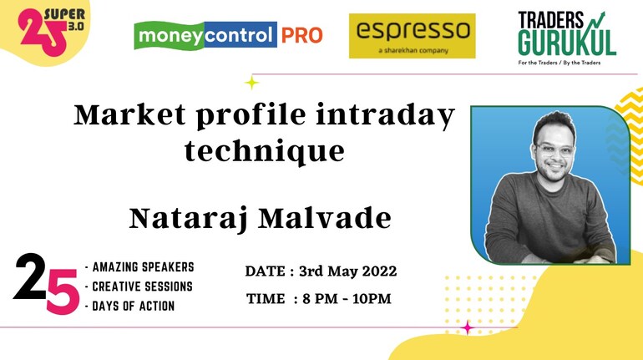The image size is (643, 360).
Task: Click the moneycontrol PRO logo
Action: tap(229, 35)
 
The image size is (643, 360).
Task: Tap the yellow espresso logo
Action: tap(413, 36)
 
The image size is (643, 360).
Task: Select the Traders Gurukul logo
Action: tap(567, 38)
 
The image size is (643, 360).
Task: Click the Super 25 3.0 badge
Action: tap(51, 32)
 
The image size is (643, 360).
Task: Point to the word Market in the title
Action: tap(129, 114)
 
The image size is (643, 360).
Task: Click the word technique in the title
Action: tap(265, 152)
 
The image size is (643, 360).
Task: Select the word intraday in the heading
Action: tap(385, 115)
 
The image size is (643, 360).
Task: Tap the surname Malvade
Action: tap(325, 218)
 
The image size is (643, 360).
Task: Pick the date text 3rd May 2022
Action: tap(347, 271)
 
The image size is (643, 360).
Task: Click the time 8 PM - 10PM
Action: tap(347, 298)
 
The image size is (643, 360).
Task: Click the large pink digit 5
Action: tap(63, 292)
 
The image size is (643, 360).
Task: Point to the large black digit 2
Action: tap(29, 276)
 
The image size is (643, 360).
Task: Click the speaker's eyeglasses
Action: tap(554, 150)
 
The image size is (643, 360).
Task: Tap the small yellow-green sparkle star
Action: tap(252, 83)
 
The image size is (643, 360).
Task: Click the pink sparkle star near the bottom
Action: tap(467, 327)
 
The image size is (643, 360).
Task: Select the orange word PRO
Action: tap(301, 35)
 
